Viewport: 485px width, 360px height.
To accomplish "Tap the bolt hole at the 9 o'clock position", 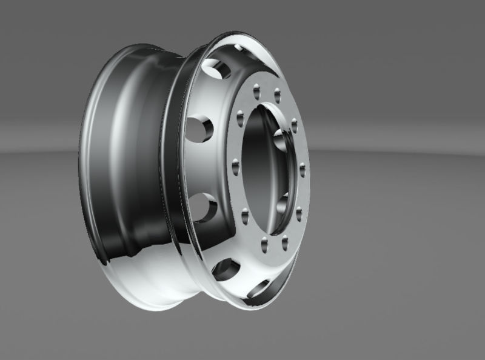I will point(235,164).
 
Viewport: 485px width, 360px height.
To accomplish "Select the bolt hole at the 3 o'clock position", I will point(301,168).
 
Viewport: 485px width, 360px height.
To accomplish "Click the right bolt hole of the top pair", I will point(277,94).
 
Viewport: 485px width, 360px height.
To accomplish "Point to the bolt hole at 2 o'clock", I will point(294,125).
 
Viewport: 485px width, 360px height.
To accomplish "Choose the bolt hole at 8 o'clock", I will point(244,213).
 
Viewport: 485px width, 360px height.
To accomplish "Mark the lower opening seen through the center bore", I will point(283,204).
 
